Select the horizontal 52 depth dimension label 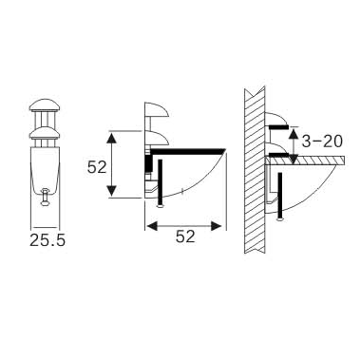pos(185,237)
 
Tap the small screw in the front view pos(45,197)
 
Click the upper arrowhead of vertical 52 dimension pos(113,136)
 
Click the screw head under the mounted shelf pos(281,215)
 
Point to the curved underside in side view pos(204,185)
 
